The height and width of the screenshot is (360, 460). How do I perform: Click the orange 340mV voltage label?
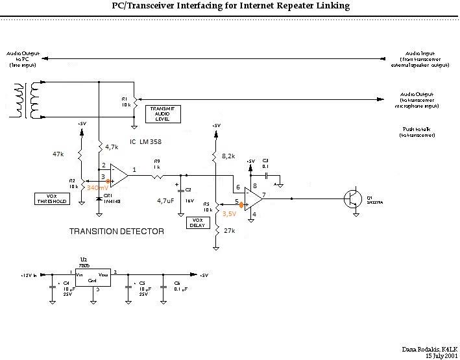pos(97,187)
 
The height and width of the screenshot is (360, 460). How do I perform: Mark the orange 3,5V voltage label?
pos(230,213)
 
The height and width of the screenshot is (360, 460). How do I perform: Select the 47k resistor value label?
pos(58,155)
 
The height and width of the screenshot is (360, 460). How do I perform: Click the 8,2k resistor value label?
pos(229,157)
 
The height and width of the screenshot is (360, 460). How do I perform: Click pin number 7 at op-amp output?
pos(265,195)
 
